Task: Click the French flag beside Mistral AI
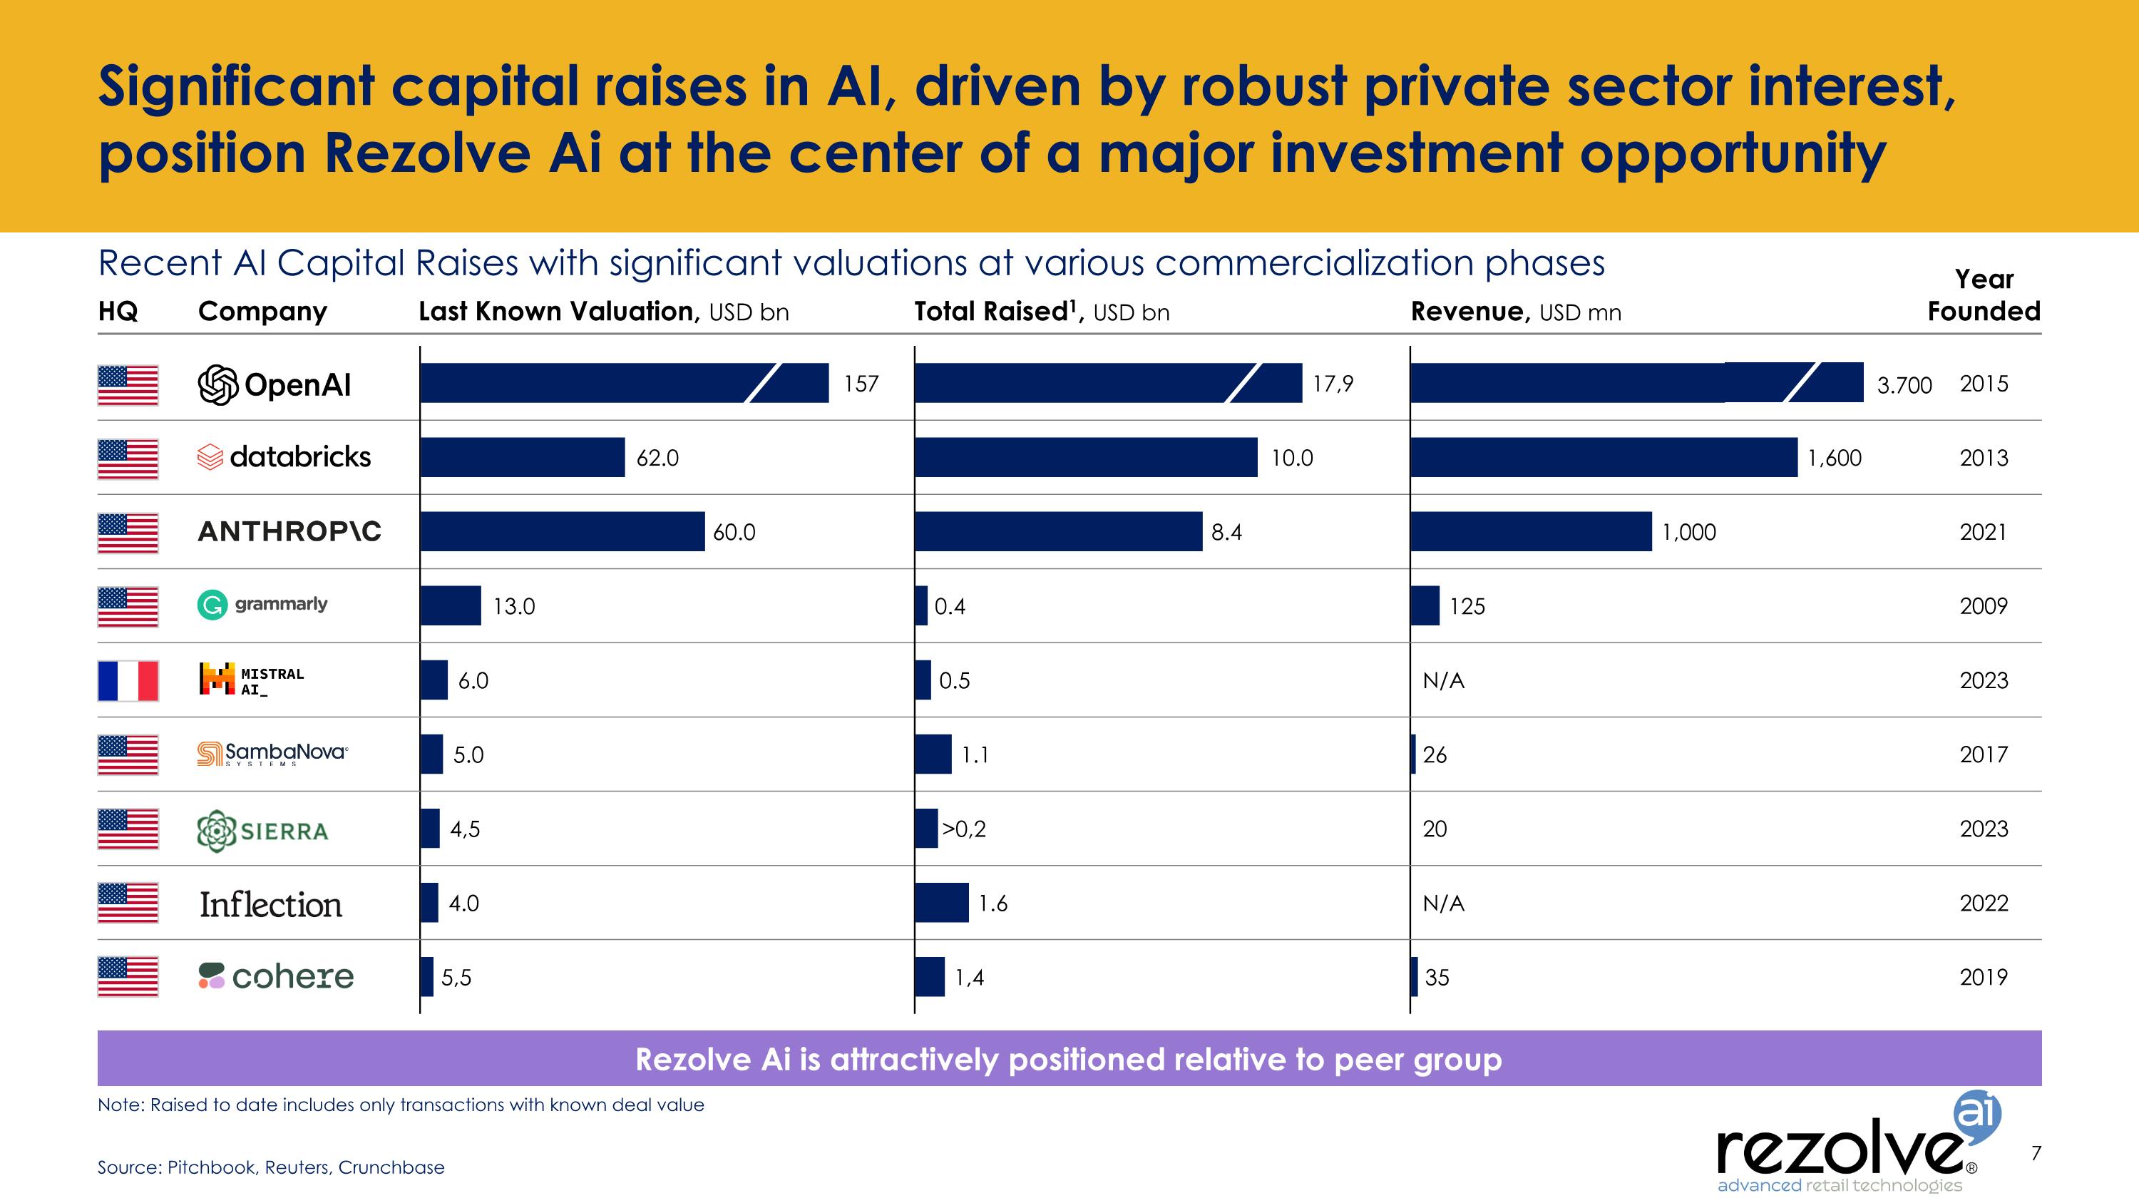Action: pos(128,680)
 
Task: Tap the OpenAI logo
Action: pos(275,384)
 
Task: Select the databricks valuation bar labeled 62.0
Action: pos(523,458)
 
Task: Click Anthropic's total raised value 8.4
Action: pos(1226,532)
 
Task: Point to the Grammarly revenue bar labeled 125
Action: pos(1425,605)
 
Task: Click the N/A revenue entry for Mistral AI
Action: pos(1443,681)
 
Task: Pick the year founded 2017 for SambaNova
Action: pos(1983,754)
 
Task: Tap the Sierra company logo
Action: pos(262,830)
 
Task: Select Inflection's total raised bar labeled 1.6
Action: pos(942,903)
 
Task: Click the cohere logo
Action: pos(277,976)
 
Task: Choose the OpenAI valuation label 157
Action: pos(861,384)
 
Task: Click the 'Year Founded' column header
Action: pos(1983,295)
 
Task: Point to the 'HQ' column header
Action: pos(118,312)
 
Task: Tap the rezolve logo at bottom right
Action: pos(1852,1150)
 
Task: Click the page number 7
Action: pos(2035,1152)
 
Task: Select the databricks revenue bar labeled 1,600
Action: pos(1604,458)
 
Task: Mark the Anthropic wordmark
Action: pos(289,531)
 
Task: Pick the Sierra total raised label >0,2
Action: pos(963,829)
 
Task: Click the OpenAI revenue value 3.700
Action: pos(1904,385)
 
